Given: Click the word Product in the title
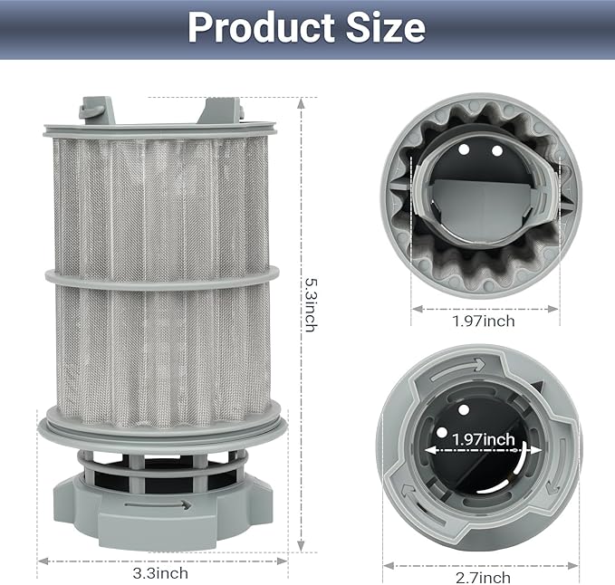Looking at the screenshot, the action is click(261, 27).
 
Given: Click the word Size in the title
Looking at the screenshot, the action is click(386, 27).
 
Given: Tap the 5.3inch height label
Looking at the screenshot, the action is click(311, 305).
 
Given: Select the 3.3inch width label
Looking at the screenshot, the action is click(160, 573).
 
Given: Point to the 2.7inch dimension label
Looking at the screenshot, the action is click(483, 578).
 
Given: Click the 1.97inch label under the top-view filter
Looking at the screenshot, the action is click(484, 321).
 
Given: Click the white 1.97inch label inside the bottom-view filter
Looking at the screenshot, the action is click(484, 439).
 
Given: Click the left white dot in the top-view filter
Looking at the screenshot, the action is click(464, 149).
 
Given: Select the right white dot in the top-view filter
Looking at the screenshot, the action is click(497, 150).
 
